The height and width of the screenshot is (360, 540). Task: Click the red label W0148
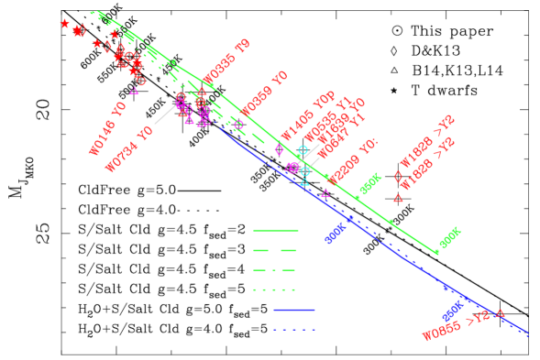(106, 130)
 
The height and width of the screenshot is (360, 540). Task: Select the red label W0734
(128, 150)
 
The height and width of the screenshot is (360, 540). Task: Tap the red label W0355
(226, 60)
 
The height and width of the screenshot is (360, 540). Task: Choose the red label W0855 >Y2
(456, 325)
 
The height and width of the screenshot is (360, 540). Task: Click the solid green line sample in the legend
(275, 230)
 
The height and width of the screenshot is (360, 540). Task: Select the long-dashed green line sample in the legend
(275, 250)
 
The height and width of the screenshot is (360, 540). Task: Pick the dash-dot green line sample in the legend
(275, 270)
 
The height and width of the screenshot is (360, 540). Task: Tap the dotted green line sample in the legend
(275, 289)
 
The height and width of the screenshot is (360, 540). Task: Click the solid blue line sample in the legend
(294, 310)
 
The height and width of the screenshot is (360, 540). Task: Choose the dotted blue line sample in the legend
(294, 329)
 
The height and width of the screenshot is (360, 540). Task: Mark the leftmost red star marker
(65, 23)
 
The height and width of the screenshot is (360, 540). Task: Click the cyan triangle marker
(304, 182)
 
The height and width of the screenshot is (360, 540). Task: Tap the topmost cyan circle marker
(303, 149)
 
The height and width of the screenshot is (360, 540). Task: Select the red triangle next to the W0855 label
(501, 313)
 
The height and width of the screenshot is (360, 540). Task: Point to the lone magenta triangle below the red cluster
(134, 91)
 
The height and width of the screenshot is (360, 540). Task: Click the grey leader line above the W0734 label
(165, 113)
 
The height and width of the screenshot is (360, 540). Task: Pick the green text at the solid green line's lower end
(449, 238)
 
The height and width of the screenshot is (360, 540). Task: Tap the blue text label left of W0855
(453, 311)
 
